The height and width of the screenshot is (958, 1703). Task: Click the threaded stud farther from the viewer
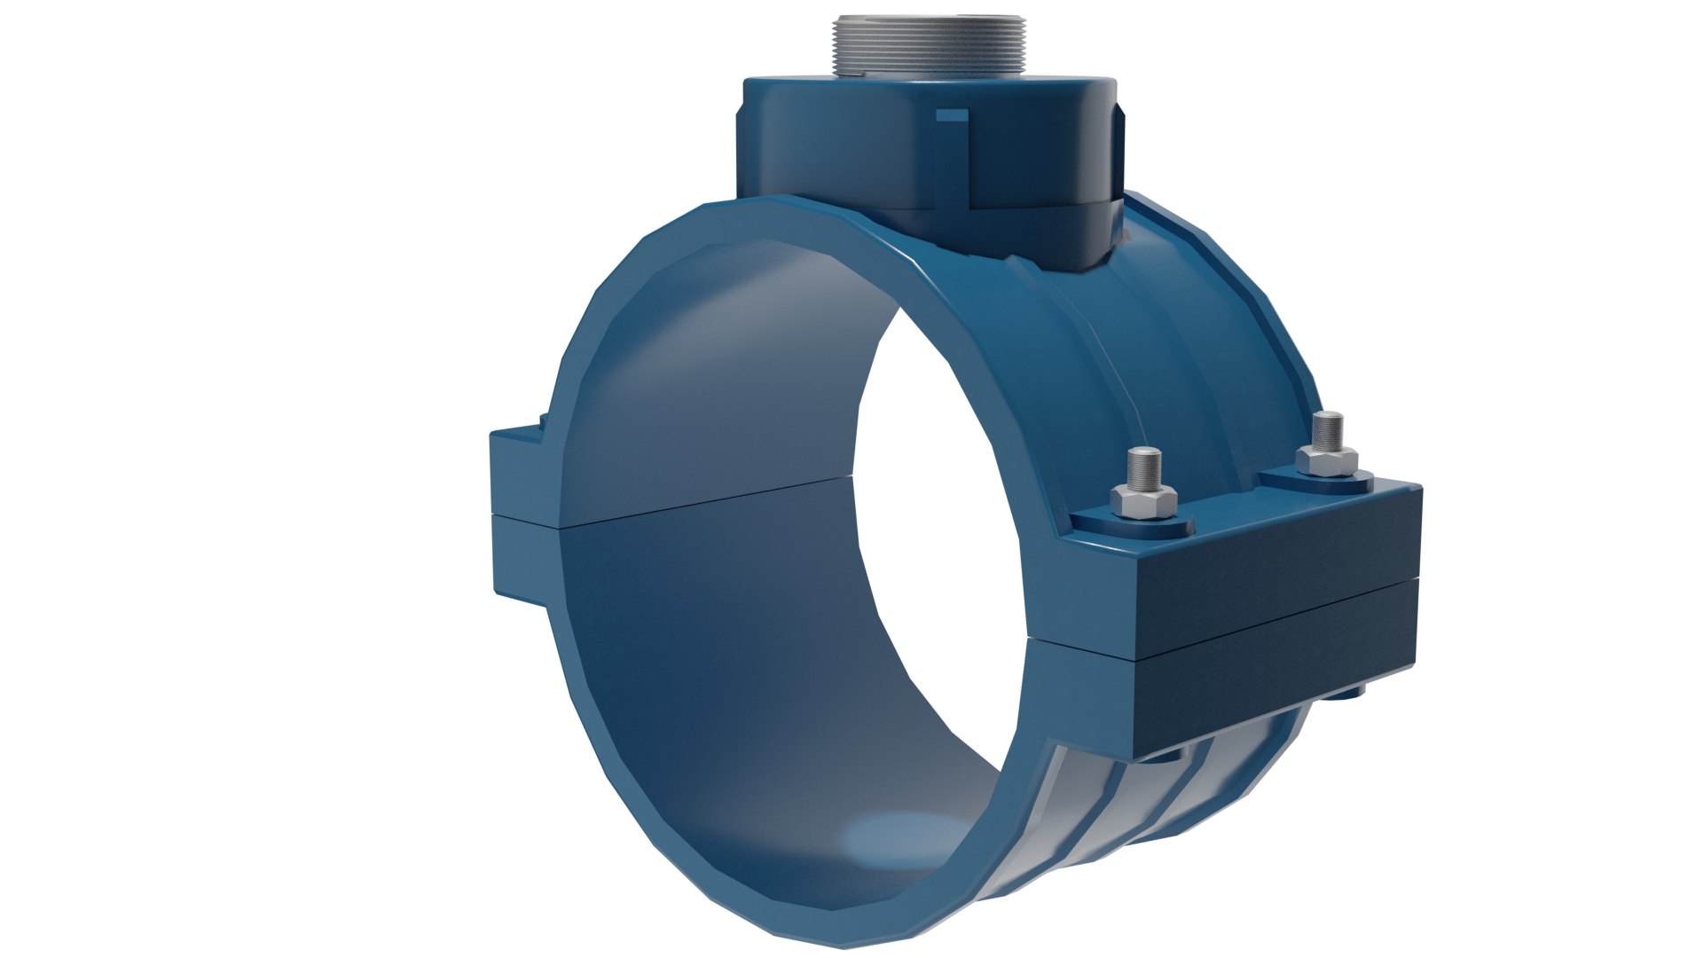pos(1327,429)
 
